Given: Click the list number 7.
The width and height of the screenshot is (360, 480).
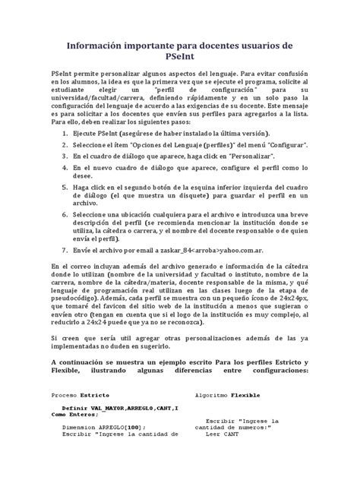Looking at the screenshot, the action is pyautogui.click(x=63, y=249).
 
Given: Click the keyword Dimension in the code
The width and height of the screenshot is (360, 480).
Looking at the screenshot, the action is pyautogui.click(x=79, y=427).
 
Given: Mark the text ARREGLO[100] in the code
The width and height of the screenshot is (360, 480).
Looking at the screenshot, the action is pyautogui.click(x=119, y=427).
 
